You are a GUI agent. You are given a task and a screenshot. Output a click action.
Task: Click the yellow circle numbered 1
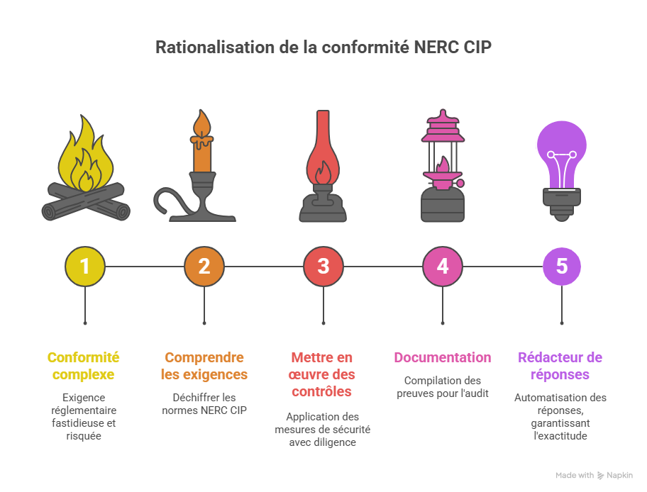coord(85,267)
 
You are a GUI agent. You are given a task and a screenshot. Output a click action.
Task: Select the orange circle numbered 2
coord(204,267)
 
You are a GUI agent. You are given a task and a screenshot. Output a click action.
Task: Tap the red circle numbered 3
coord(323,267)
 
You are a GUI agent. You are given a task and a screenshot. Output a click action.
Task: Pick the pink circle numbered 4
coord(443,267)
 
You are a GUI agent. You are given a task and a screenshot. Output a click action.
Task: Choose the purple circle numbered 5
coord(562,267)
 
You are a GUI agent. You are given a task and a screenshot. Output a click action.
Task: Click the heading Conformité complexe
coord(84,366)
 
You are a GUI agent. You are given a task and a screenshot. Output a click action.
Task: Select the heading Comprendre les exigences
coord(204,366)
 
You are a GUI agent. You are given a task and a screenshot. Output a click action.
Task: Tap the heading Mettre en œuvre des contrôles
coord(323,374)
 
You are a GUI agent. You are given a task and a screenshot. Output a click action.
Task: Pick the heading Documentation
coord(443,357)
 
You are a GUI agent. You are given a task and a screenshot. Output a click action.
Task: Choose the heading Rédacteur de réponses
coord(560,366)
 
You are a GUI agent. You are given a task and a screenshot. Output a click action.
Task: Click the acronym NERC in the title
coord(438,48)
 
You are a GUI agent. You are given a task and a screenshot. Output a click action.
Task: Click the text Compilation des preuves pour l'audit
coord(443,386)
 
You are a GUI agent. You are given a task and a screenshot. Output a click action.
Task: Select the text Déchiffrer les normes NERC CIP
coord(204,403)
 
